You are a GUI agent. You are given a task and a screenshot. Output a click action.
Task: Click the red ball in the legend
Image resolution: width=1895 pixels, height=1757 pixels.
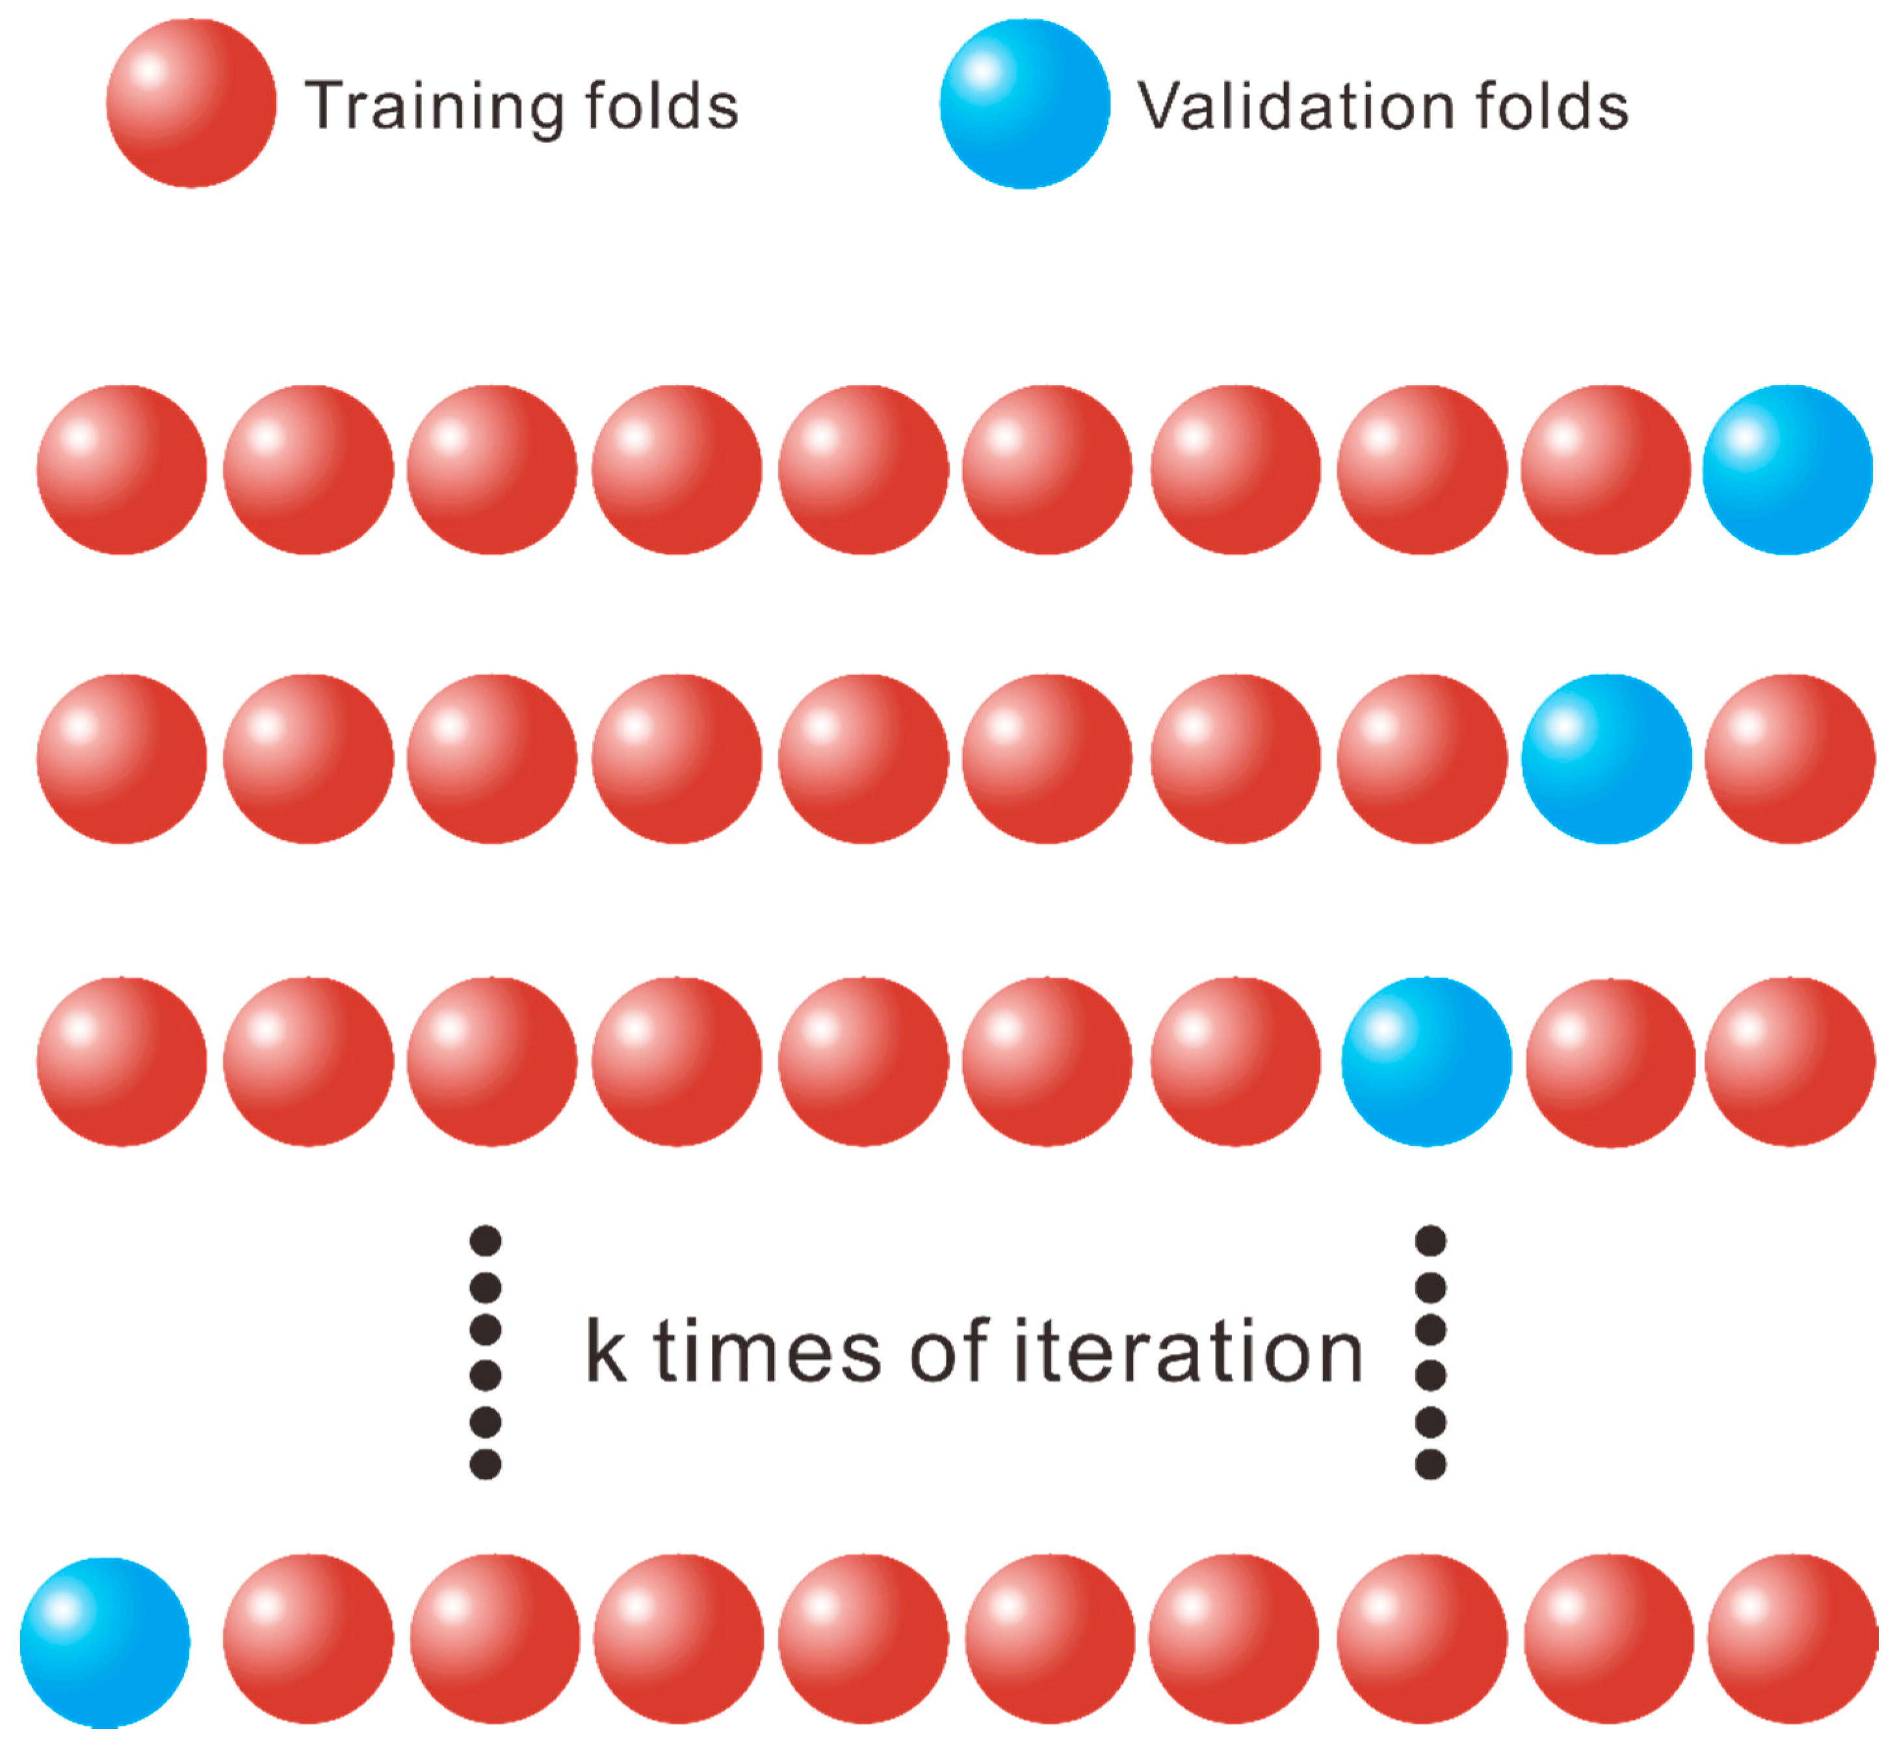[191, 103]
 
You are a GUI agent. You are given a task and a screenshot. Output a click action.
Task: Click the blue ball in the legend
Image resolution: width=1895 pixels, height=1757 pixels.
[1025, 103]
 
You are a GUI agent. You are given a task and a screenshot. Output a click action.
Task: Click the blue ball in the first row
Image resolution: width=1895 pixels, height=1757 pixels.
[1786, 469]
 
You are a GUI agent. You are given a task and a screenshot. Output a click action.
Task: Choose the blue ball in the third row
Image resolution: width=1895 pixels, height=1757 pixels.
[1426, 1061]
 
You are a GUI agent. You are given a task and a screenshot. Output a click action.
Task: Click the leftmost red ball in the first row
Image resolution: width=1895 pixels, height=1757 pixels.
[122, 469]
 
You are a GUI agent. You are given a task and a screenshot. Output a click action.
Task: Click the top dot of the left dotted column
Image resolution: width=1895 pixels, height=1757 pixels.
[486, 1241]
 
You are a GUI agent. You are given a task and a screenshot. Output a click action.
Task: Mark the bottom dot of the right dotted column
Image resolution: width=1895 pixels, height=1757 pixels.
[1430, 1464]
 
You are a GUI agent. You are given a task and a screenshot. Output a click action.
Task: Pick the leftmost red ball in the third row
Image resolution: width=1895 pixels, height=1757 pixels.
[122, 1061]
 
